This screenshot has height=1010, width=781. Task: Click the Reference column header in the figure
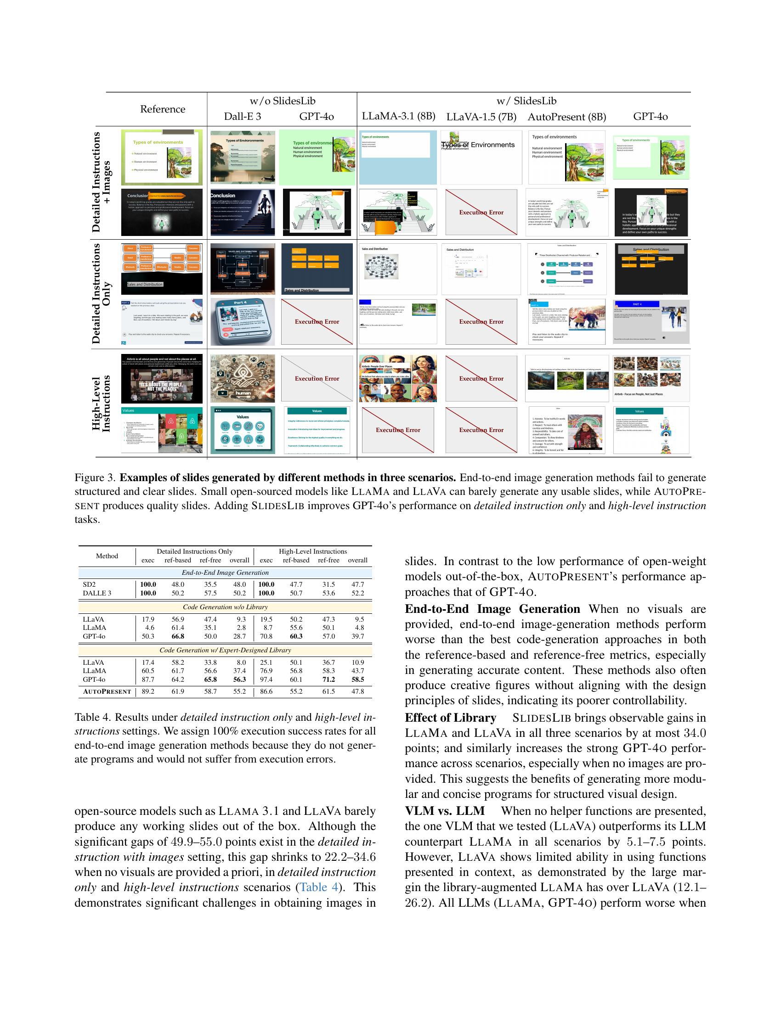click(162, 109)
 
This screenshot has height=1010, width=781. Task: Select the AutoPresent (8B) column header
click(567, 117)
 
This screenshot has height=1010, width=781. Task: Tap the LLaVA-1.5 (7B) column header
click(481, 117)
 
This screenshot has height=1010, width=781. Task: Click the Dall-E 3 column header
click(243, 116)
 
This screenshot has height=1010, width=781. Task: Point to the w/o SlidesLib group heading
click(282, 101)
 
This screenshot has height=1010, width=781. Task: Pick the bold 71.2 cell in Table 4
click(328, 679)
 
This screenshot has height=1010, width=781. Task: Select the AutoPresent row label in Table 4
click(107, 691)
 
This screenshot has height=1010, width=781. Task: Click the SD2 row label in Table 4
click(89, 584)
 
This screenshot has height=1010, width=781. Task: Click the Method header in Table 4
click(107, 556)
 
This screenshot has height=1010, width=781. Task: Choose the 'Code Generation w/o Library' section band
click(225, 607)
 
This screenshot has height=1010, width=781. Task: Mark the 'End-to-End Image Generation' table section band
click(225, 572)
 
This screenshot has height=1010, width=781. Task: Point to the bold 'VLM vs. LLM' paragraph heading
click(445, 811)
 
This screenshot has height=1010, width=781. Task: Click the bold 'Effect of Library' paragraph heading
click(450, 718)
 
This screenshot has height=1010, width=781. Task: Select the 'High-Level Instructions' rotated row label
click(101, 403)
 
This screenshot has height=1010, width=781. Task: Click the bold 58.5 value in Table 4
click(357, 679)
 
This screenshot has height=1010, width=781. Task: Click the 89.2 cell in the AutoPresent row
click(148, 691)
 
